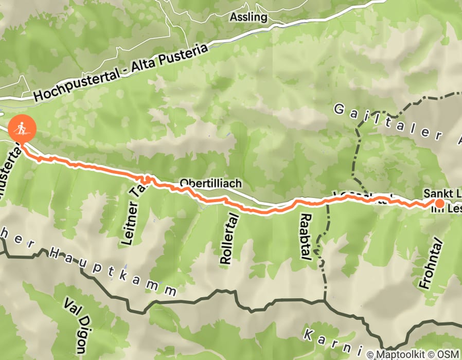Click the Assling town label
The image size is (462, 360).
(248, 17)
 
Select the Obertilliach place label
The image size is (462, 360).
(210, 183)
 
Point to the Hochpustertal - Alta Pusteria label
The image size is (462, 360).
(121, 73)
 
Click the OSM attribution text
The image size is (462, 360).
(449, 354)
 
